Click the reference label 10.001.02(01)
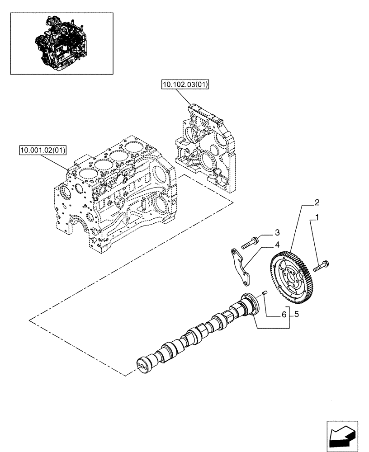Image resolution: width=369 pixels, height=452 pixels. click(x=43, y=150)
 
